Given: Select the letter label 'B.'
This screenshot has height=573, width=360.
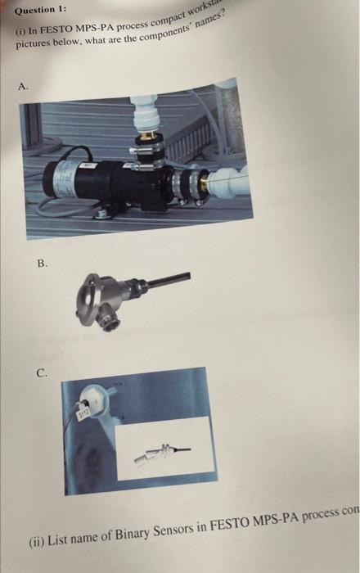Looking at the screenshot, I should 43,264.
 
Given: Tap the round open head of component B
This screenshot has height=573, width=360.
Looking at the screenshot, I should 98,292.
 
